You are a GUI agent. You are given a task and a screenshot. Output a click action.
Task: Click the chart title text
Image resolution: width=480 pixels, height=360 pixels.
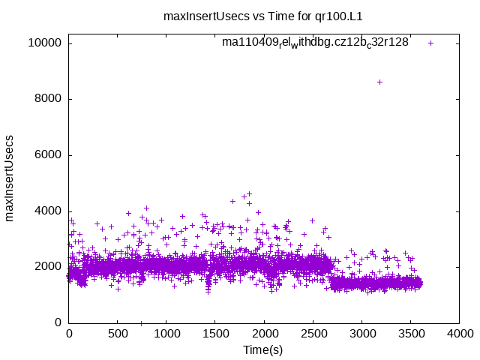[x=247, y=15]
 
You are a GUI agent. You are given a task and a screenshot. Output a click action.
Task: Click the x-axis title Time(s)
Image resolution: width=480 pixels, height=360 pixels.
[x=263, y=349]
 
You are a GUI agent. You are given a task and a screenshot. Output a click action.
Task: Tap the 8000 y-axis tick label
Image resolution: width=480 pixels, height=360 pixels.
[x=47, y=99]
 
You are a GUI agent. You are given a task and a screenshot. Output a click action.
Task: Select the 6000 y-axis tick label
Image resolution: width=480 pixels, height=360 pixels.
[x=47, y=155]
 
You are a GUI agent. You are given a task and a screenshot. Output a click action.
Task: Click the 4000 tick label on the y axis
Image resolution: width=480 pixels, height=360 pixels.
[x=47, y=211]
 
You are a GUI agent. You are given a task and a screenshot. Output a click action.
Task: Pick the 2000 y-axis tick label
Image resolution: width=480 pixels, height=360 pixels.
[x=47, y=267]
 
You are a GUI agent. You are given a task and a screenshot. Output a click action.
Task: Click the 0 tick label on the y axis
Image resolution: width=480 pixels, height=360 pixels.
[x=58, y=322]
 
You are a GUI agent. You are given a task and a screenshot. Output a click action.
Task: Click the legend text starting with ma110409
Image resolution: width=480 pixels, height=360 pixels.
[x=315, y=43]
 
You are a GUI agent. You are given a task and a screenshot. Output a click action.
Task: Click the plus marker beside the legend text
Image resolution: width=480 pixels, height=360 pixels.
[x=430, y=43]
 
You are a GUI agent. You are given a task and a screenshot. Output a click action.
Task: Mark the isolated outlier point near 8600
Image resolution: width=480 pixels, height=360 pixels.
[x=379, y=82]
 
